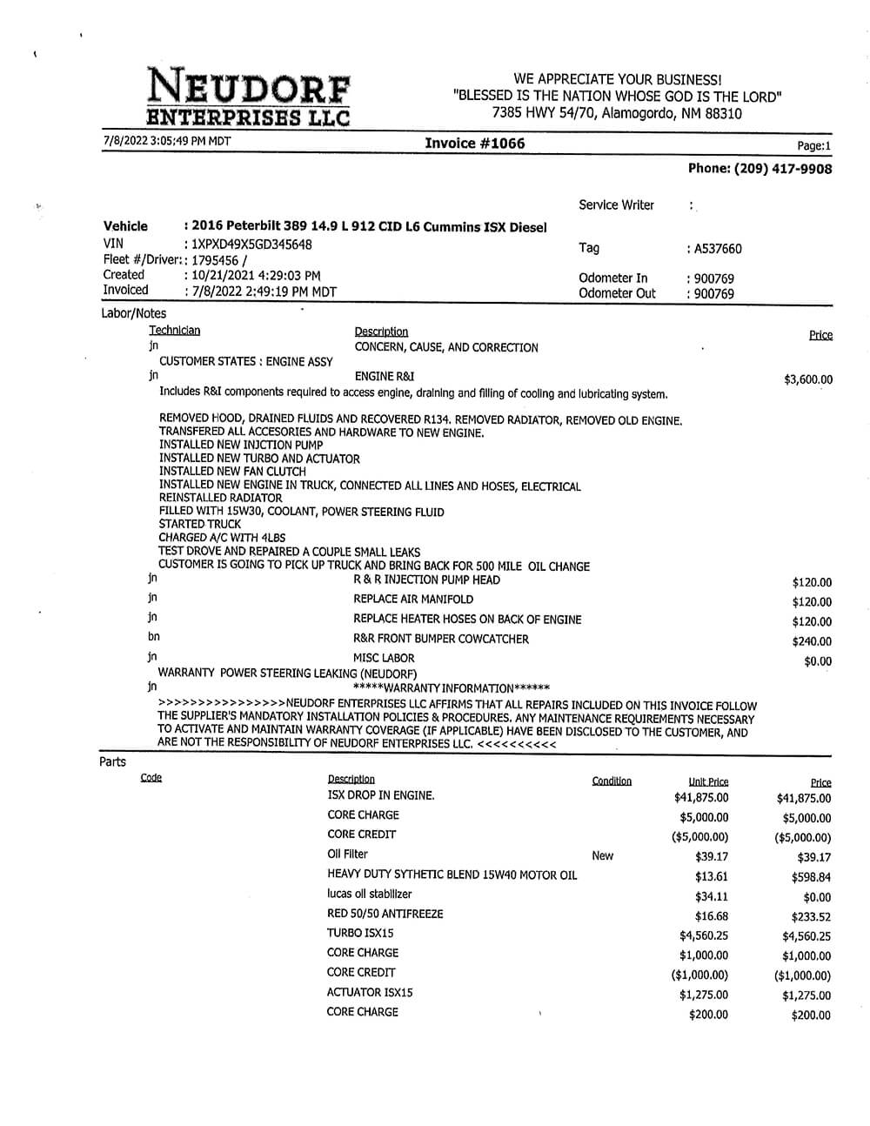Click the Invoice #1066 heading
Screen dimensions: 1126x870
(x=474, y=144)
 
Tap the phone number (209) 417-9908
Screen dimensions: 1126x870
(x=760, y=169)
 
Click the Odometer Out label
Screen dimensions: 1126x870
(x=617, y=293)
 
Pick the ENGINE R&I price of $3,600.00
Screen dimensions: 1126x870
(x=807, y=379)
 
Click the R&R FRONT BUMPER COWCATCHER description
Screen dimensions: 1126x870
(x=440, y=639)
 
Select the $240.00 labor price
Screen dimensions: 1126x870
(x=811, y=641)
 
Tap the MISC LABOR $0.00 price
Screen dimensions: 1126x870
(x=818, y=661)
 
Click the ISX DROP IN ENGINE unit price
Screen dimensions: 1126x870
(x=701, y=797)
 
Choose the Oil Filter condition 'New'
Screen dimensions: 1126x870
(x=602, y=855)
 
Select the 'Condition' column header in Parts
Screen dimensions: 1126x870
(x=612, y=781)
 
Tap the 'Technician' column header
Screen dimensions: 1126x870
(x=174, y=330)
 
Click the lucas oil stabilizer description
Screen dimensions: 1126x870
(x=369, y=894)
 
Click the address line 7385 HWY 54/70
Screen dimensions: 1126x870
(x=617, y=113)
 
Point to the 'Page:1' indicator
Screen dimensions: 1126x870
(x=813, y=146)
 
